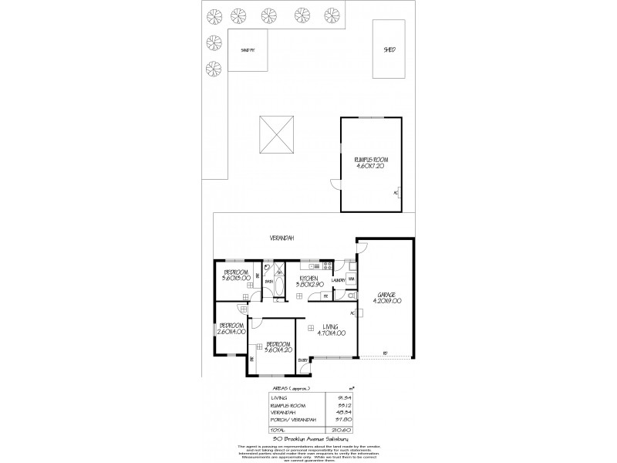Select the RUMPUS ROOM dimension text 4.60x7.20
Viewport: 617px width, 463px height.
370,166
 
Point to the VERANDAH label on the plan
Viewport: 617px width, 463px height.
283,238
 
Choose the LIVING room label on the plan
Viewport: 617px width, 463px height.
332,327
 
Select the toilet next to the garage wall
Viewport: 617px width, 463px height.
350,295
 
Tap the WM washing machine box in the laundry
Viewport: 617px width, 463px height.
352,279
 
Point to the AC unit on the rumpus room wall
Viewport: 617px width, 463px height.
396,192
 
